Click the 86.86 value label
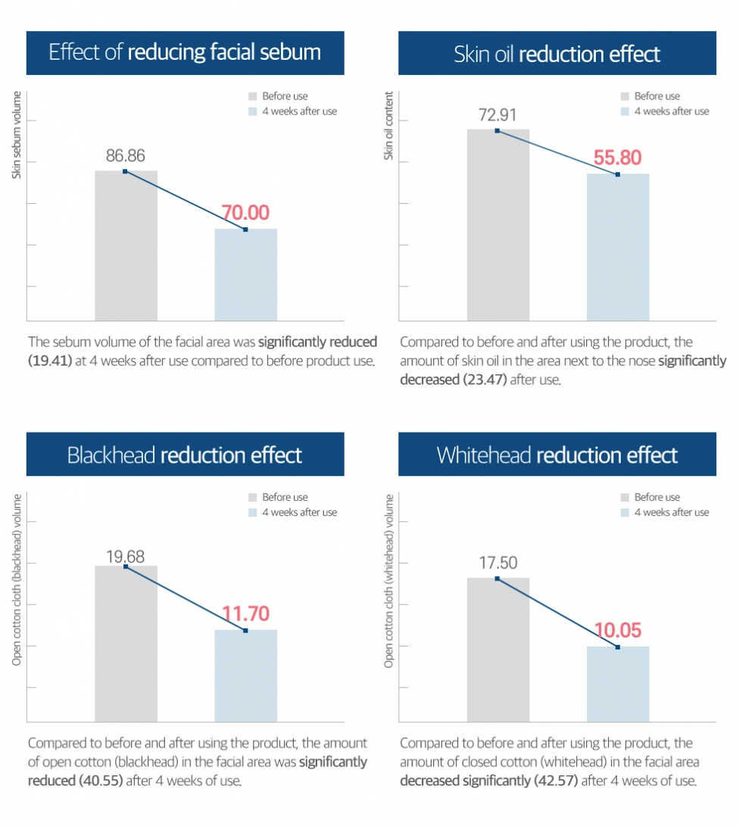click(126, 156)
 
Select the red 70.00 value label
click(245, 213)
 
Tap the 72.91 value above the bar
click(497, 116)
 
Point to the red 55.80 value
click(617, 158)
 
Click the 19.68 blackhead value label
click(126, 557)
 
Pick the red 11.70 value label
click(245, 614)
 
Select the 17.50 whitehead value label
click(497, 564)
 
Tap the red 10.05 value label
click(617, 631)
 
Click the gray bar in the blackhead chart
click(126, 644)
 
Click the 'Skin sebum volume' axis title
click(17, 135)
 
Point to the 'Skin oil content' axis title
click(389, 126)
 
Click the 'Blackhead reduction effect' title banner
click(185, 455)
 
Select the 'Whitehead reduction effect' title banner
click(557, 455)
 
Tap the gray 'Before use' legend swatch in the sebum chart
click(253, 96)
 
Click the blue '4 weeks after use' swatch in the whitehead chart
click(625, 512)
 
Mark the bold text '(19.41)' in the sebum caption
click(50, 361)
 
